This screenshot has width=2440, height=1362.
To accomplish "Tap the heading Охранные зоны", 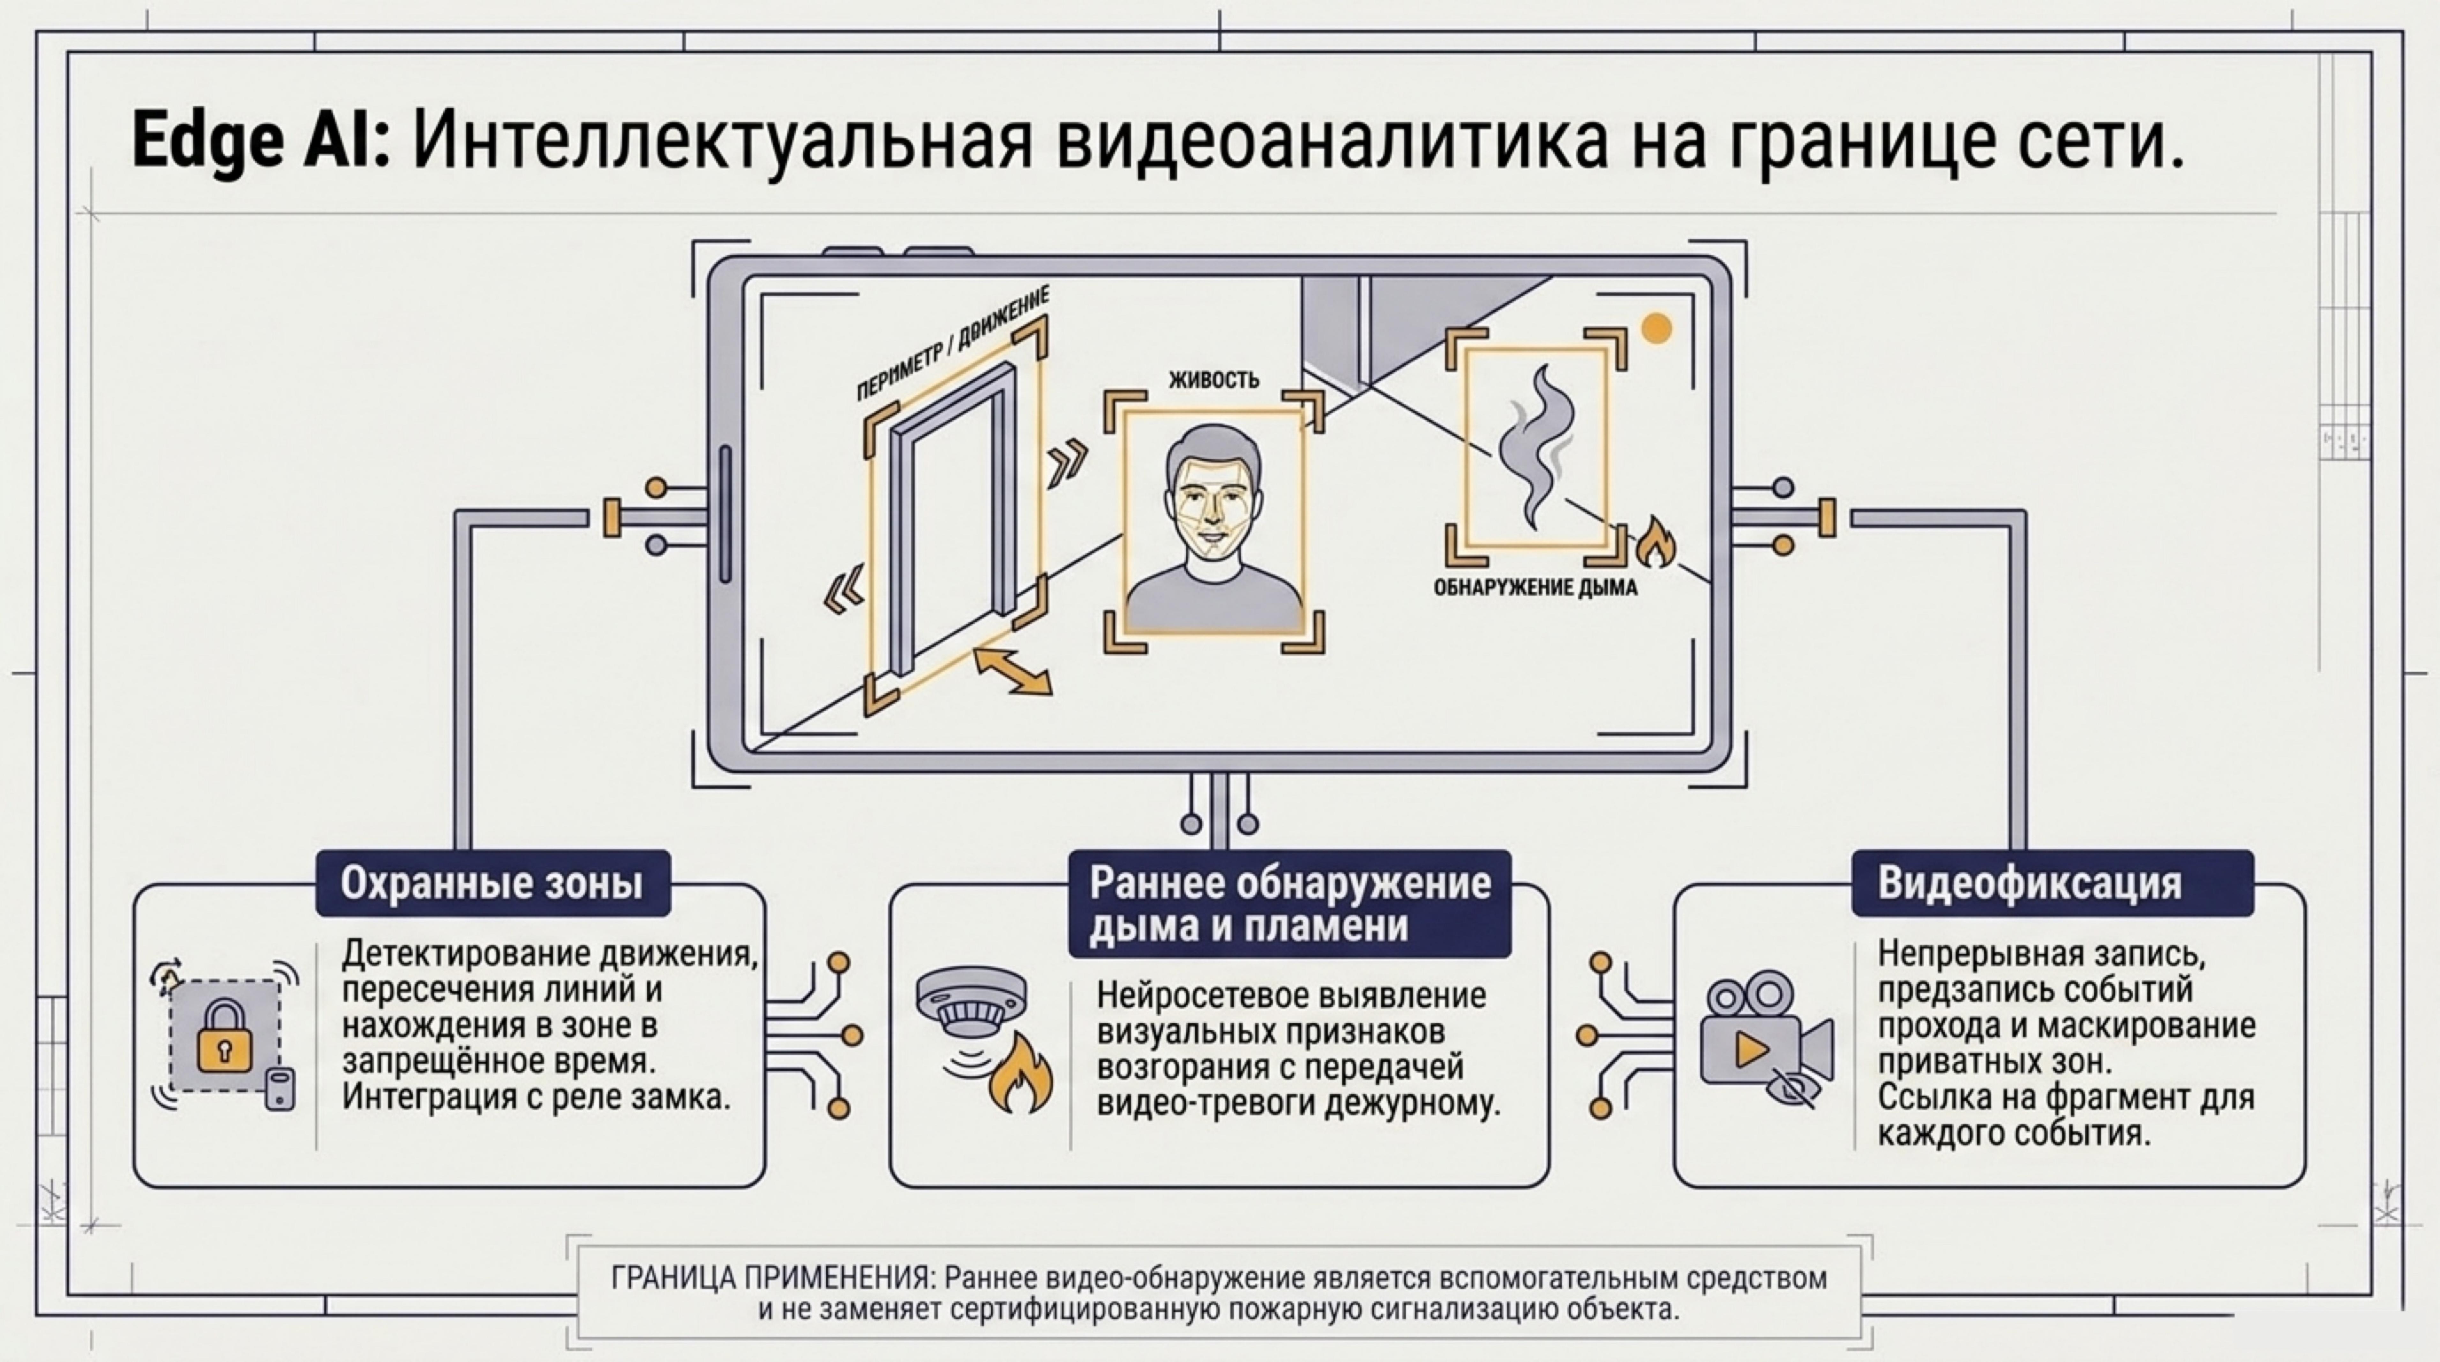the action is pos(492,883).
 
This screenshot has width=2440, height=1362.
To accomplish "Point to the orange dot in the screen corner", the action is pos(1656,329).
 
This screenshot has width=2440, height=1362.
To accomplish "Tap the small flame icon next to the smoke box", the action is pos(1656,543).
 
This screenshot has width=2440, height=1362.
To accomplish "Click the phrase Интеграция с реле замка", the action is pos(536,1097).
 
